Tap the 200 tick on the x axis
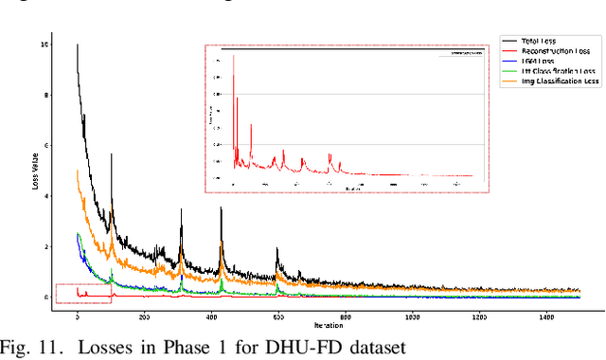tap(144, 316)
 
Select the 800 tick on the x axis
tap(345, 316)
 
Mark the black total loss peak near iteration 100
tap(112, 156)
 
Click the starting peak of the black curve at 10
tap(78, 45)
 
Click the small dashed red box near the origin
tap(83, 294)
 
